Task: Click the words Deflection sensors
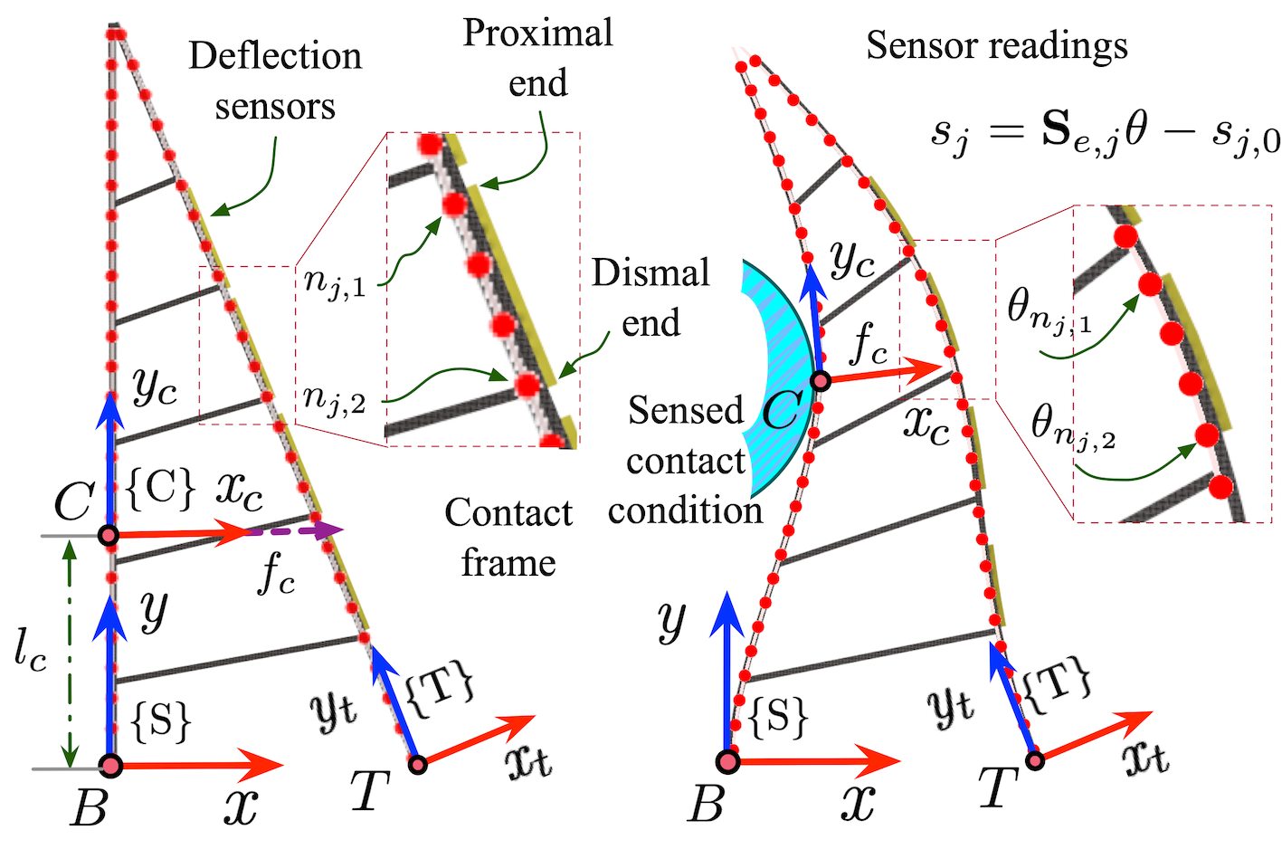[x=275, y=81]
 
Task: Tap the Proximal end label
[x=537, y=57]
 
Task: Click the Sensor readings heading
[x=996, y=46]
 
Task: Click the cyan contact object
[x=778, y=377]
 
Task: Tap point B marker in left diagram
[x=110, y=766]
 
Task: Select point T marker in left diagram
[x=418, y=765]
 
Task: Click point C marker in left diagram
[x=109, y=536]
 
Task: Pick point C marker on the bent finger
[x=821, y=381]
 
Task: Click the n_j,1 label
[x=335, y=282]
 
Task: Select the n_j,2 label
[x=335, y=398]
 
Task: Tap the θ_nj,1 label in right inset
[x=1049, y=311]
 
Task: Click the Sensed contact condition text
[x=686, y=461]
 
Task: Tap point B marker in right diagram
[x=728, y=761]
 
